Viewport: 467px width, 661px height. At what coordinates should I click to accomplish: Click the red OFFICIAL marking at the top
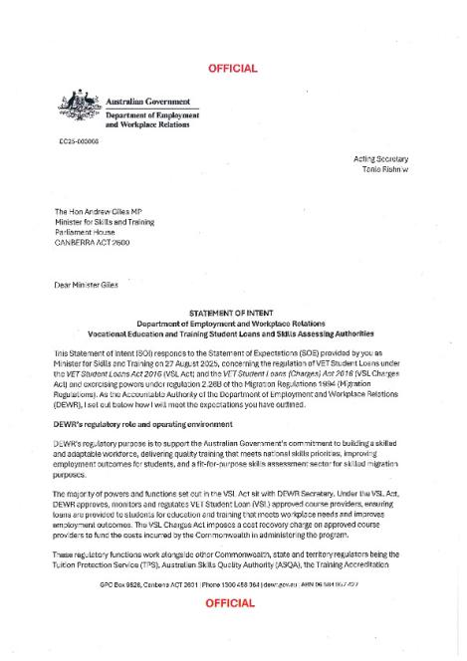tap(232, 69)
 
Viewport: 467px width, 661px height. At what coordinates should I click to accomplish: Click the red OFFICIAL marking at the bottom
tap(232, 604)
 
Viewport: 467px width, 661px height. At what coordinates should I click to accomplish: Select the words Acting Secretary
tap(380, 159)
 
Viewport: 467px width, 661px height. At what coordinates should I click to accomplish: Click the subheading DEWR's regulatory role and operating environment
tap(142, 425)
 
